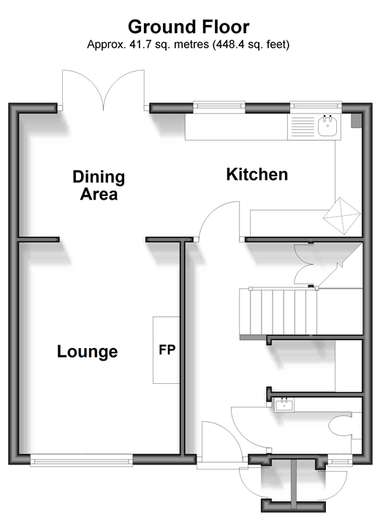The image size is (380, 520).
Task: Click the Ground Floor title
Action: (189, 27)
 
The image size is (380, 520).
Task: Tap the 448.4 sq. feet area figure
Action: (251, 44)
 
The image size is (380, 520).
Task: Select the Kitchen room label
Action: (256, 175)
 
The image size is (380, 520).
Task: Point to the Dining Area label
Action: (99, 185)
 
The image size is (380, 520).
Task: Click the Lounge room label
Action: (88, 352)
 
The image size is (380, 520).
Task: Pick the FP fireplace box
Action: (166, 350)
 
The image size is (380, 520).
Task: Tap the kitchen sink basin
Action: (327, 126)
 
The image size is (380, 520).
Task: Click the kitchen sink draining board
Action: (303, 127)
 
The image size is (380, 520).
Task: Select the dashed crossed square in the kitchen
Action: (341, 216)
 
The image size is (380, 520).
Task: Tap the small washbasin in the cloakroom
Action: (284, 404)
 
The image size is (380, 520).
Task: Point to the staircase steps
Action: (278, 312)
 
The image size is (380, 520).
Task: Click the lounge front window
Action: (82, 461)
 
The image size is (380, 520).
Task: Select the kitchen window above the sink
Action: (316, 106)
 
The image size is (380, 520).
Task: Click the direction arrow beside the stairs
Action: (341, 264)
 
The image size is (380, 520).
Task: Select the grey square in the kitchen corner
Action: (357, 121)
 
